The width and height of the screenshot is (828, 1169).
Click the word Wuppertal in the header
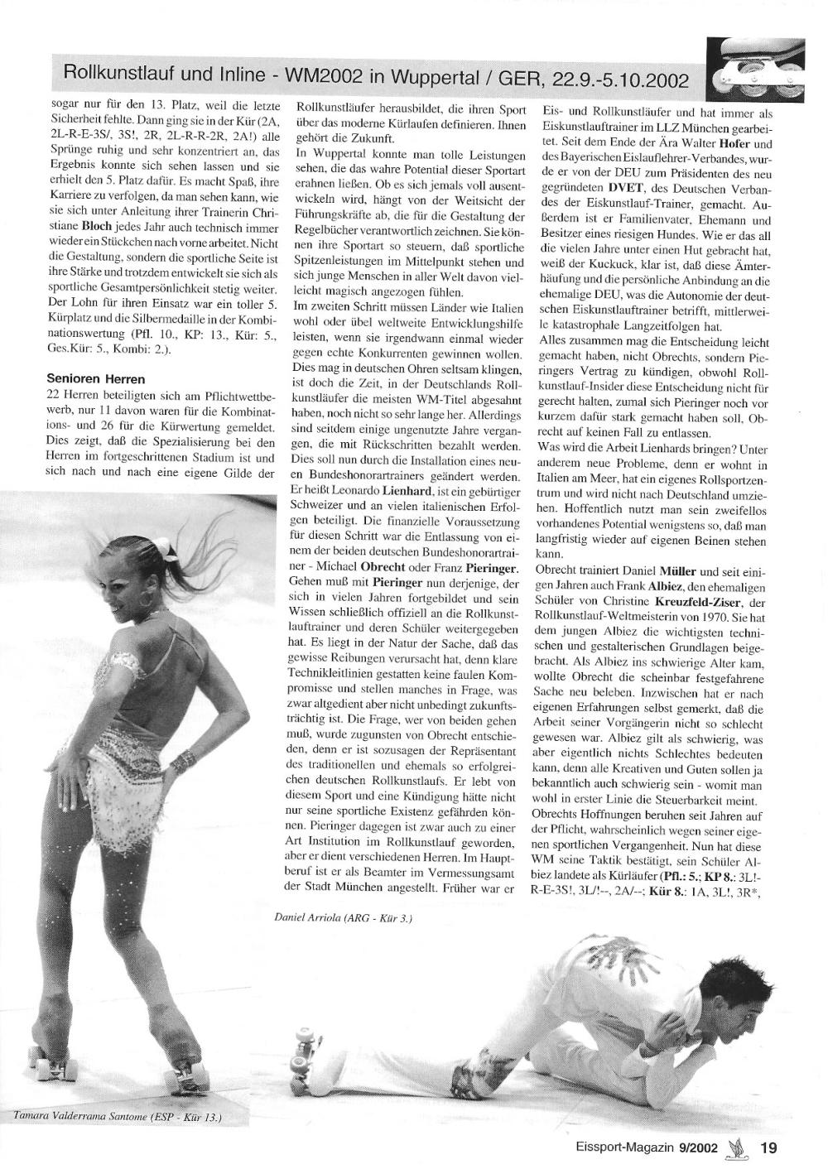tap(418, 79)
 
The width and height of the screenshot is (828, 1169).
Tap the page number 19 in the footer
tap(768, 1147)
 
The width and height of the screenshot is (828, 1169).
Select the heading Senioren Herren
tap(96, 379)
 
